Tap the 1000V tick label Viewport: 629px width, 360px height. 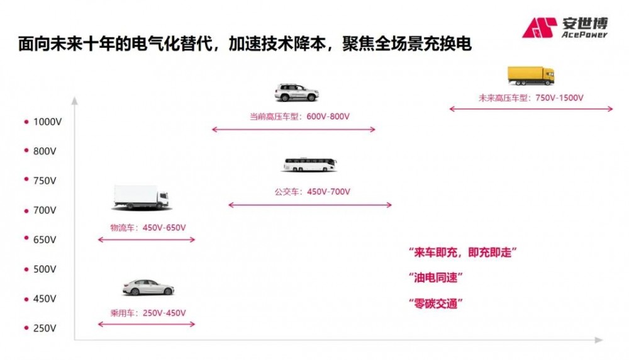45,121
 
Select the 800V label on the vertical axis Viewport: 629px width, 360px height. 45,151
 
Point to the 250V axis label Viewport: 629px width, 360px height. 45,328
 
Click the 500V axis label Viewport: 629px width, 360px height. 45,269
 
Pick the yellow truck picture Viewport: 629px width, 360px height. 531,76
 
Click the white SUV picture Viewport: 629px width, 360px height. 296,93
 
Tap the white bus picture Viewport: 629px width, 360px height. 309,165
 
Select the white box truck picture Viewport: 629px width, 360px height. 141,197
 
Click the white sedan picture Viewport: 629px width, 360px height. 148,287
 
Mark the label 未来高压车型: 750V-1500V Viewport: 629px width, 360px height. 531,98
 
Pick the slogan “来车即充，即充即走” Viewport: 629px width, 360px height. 462,252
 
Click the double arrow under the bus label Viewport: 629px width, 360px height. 310,205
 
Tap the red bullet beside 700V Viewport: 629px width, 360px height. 26,210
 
